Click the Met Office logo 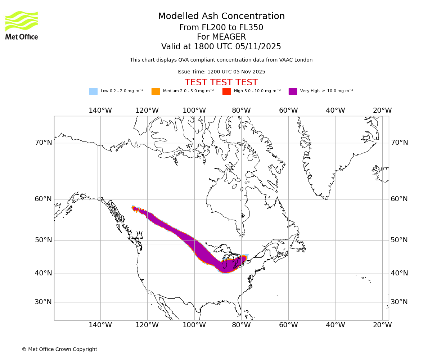(x=22, y=25)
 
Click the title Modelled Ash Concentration (x=221, y=17)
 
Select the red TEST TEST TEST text (x=221, y=82)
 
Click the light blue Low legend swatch (x=93, y=91)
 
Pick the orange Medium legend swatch (x=156, y=91)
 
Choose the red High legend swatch (x=226, y=91)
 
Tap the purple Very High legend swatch (x=293, y=91)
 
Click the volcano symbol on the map (x=139, y=235)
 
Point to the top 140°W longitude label (x=100, y=111)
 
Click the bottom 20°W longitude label (x=382, y=325)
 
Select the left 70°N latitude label (x=43, y=143)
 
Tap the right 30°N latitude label (x=399, y=302)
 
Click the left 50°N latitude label (x=43, y=240)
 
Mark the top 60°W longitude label (x=288, y=111)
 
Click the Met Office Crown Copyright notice (x=59, y=349)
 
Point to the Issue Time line (x=221, y=72)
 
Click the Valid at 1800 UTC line (x=221, y=47)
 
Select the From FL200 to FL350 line (x=221, y=28)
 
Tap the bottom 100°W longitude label (x=194, y=325)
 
